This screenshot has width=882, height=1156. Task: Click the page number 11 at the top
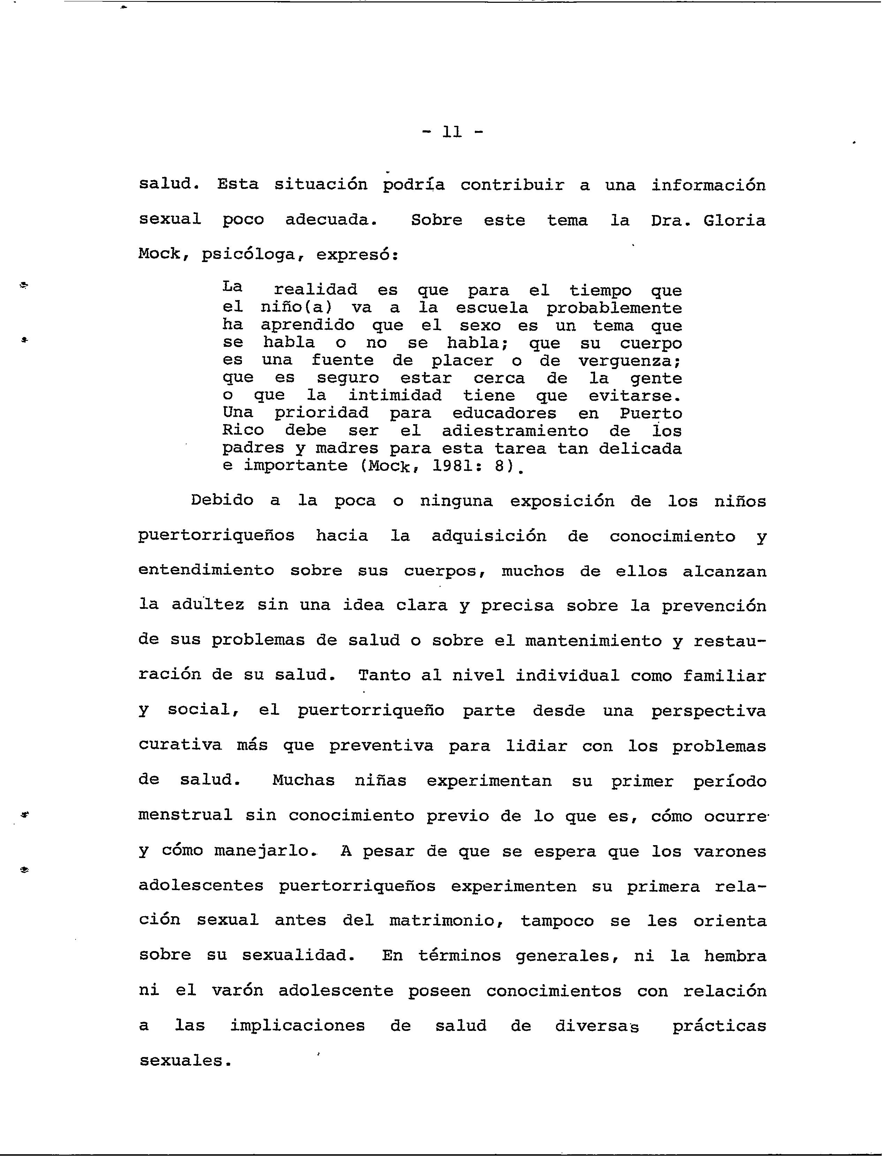[x=452, y=132]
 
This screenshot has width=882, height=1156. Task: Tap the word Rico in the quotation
[x=243, y=431]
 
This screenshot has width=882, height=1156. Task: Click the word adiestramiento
[x=515, y=431]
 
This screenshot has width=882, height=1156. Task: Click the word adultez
[x=207, y=606]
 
